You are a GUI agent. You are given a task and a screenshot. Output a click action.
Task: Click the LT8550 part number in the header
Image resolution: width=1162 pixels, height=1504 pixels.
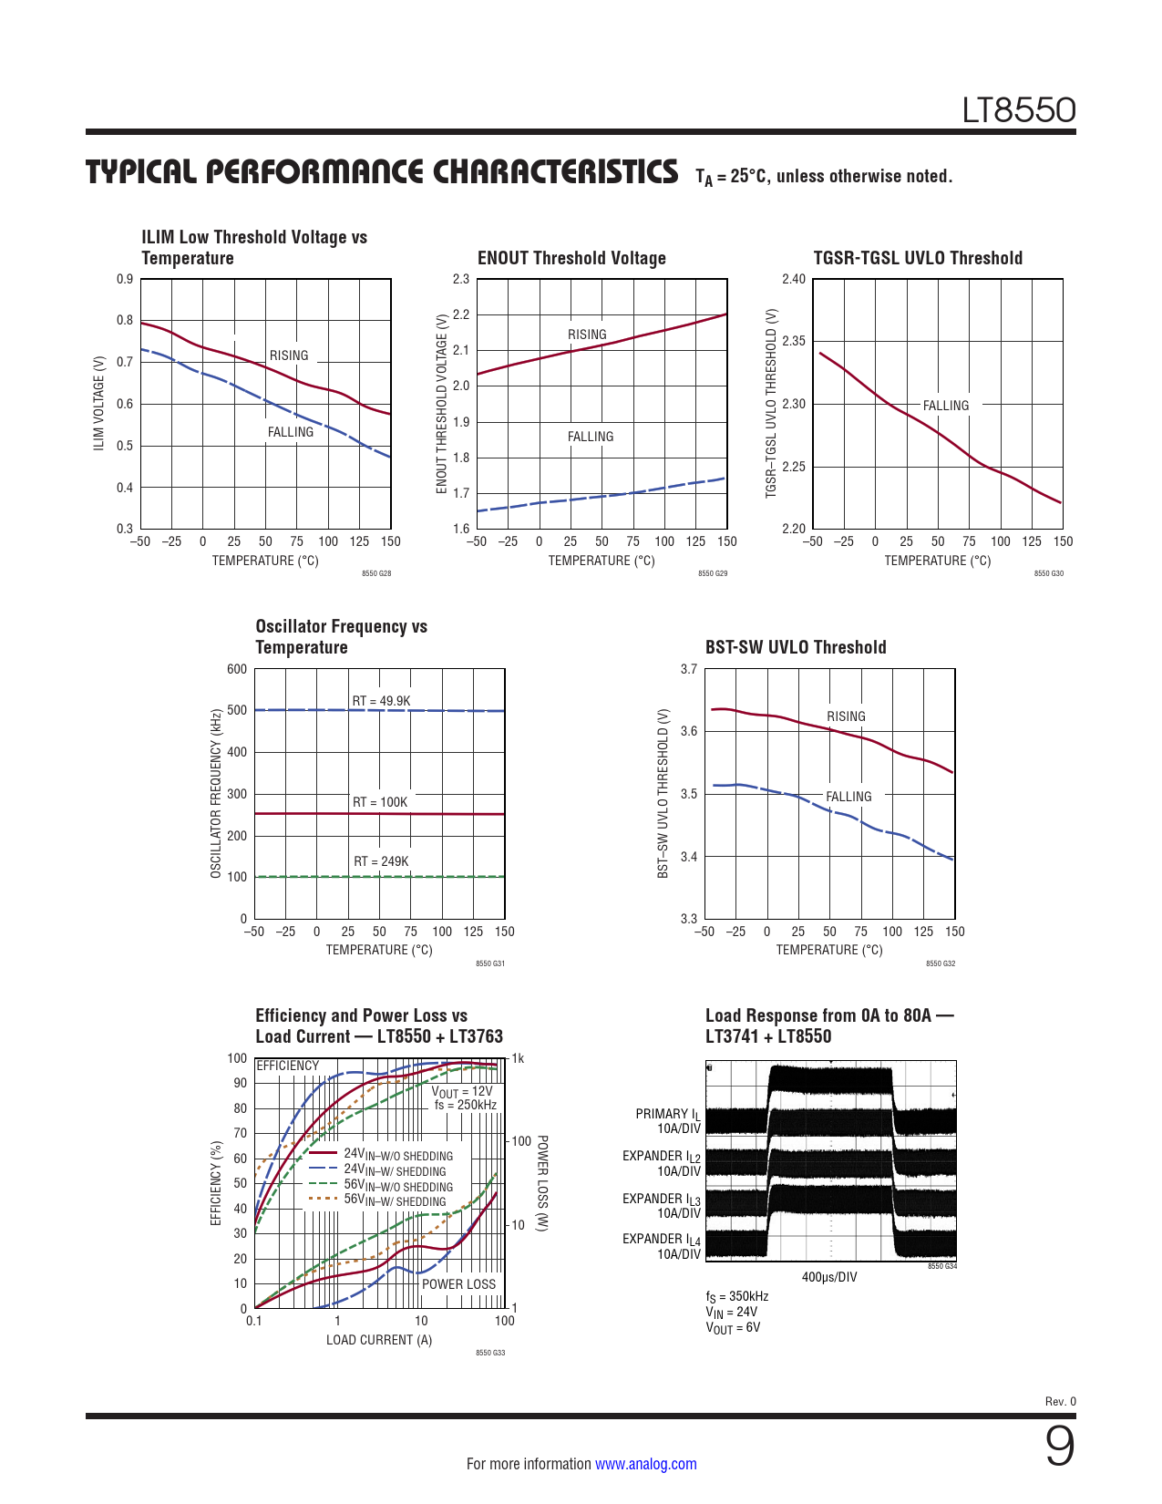coord(1019,110)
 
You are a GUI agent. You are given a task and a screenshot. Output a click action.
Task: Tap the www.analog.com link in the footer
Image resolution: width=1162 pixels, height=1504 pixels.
coord(645,1464)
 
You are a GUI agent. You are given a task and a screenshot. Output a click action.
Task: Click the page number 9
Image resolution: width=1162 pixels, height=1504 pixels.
coord(1059,1447)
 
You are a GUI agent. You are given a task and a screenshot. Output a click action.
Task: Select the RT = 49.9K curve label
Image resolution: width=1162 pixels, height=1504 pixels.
coord(381,701)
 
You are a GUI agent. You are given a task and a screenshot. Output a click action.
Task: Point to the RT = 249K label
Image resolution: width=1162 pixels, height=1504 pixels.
coord(381,861)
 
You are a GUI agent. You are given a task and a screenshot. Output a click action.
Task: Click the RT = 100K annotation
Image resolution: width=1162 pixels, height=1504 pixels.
coord(380,802)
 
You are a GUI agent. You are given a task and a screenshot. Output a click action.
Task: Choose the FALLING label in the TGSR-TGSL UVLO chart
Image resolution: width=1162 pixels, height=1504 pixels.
coord(945,406)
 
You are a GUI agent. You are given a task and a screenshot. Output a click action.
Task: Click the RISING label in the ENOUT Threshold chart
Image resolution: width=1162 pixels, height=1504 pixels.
coord(587,335)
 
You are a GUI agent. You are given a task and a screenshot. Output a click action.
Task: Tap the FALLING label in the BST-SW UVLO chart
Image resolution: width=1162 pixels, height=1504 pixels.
coord(848,797)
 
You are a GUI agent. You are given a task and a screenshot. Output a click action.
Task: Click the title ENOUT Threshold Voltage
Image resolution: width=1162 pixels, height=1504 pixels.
coord(571,258)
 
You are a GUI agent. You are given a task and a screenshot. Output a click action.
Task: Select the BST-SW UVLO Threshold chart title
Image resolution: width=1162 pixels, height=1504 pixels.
coord(796,647)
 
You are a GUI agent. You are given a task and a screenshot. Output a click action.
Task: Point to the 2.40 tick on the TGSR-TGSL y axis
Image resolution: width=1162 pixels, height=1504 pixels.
coord(794,279)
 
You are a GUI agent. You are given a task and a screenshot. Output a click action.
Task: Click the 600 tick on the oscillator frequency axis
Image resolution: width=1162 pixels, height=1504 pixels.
coord(237,669)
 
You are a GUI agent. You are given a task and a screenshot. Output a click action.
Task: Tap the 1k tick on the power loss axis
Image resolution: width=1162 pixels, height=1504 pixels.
coord(518,1058)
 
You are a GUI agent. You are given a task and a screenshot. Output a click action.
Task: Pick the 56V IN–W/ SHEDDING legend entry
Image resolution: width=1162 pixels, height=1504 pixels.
coord(395,1200)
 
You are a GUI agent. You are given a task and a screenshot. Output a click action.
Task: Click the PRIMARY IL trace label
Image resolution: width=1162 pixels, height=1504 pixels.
coord(667,1114)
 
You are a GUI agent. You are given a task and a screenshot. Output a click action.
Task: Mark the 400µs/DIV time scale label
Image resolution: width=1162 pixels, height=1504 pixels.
coord(829,1277)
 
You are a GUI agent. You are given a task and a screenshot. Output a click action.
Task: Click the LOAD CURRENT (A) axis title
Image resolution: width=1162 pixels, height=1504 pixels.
coord(379,1340)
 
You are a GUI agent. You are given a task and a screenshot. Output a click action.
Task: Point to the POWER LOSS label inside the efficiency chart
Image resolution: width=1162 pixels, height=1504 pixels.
coord(458,1284)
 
